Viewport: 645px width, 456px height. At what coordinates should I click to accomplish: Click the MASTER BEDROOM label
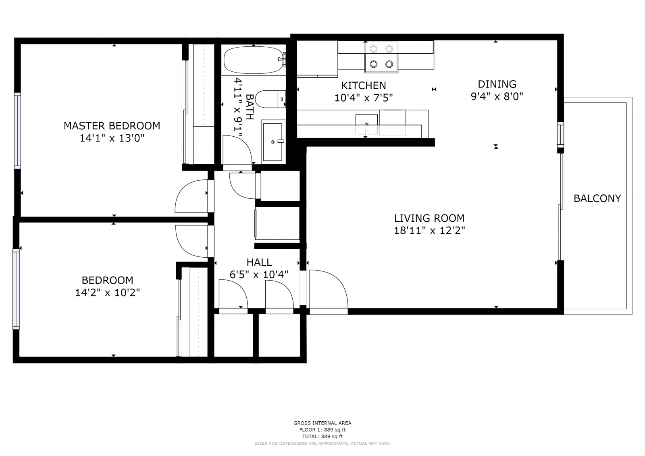pos(112,126)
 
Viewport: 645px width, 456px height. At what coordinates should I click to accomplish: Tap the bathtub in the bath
pos(254,60)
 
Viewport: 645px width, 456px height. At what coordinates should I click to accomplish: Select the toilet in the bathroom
pos(270,99)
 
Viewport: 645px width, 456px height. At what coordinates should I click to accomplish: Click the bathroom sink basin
pos(273,142)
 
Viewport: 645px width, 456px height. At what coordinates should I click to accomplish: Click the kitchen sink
pos(366,124)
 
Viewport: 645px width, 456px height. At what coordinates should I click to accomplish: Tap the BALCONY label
pos(597,198)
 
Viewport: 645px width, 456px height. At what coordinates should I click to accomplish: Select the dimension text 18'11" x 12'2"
pos(429,231)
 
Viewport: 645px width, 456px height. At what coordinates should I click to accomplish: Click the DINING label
pos(497,84)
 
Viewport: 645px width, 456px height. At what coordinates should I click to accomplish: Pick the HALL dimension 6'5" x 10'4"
pos(259,275)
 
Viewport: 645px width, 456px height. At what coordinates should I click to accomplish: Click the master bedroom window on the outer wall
pos(18,131)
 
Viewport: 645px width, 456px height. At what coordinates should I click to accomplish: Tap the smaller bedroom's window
pos(16,289)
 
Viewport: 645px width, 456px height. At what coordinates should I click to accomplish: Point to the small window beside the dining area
pos(560,135)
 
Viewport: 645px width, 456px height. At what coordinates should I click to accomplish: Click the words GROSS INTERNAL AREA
pos(322,423)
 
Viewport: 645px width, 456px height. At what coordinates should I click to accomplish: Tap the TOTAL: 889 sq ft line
pos(322,437)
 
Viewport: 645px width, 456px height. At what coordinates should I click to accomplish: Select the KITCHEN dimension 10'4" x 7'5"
pos(363,98)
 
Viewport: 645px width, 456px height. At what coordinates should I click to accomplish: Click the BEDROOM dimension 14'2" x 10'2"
pos(107,293)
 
